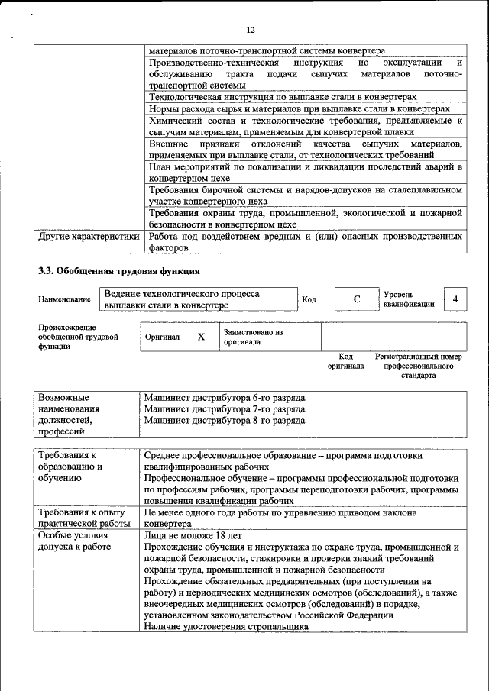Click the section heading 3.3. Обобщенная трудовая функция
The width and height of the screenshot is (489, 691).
click(x=119, y=270)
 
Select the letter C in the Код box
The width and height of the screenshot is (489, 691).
click(x=356, y=299)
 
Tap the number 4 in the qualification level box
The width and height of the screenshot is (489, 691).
click(x=455, y=299)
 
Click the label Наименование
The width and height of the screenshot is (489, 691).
click(x=64, y=300)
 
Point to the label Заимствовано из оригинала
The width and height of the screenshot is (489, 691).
click(x=253, y=337)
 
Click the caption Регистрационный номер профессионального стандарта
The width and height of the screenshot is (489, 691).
click(x=419, y=366)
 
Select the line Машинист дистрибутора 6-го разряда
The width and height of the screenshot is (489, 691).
click(x=225, y=399)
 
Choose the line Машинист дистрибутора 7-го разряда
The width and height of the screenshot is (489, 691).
click(x=225, y=409)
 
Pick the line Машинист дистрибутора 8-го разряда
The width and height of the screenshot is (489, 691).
click(x=225, y=420)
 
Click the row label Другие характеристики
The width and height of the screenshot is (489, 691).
click(x=89, y=237)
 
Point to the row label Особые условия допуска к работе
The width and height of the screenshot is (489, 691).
click(x=73, y=541)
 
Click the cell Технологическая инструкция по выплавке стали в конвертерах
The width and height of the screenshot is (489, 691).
click(x=283, y=98)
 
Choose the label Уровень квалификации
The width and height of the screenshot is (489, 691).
click(x=410, y=299)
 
